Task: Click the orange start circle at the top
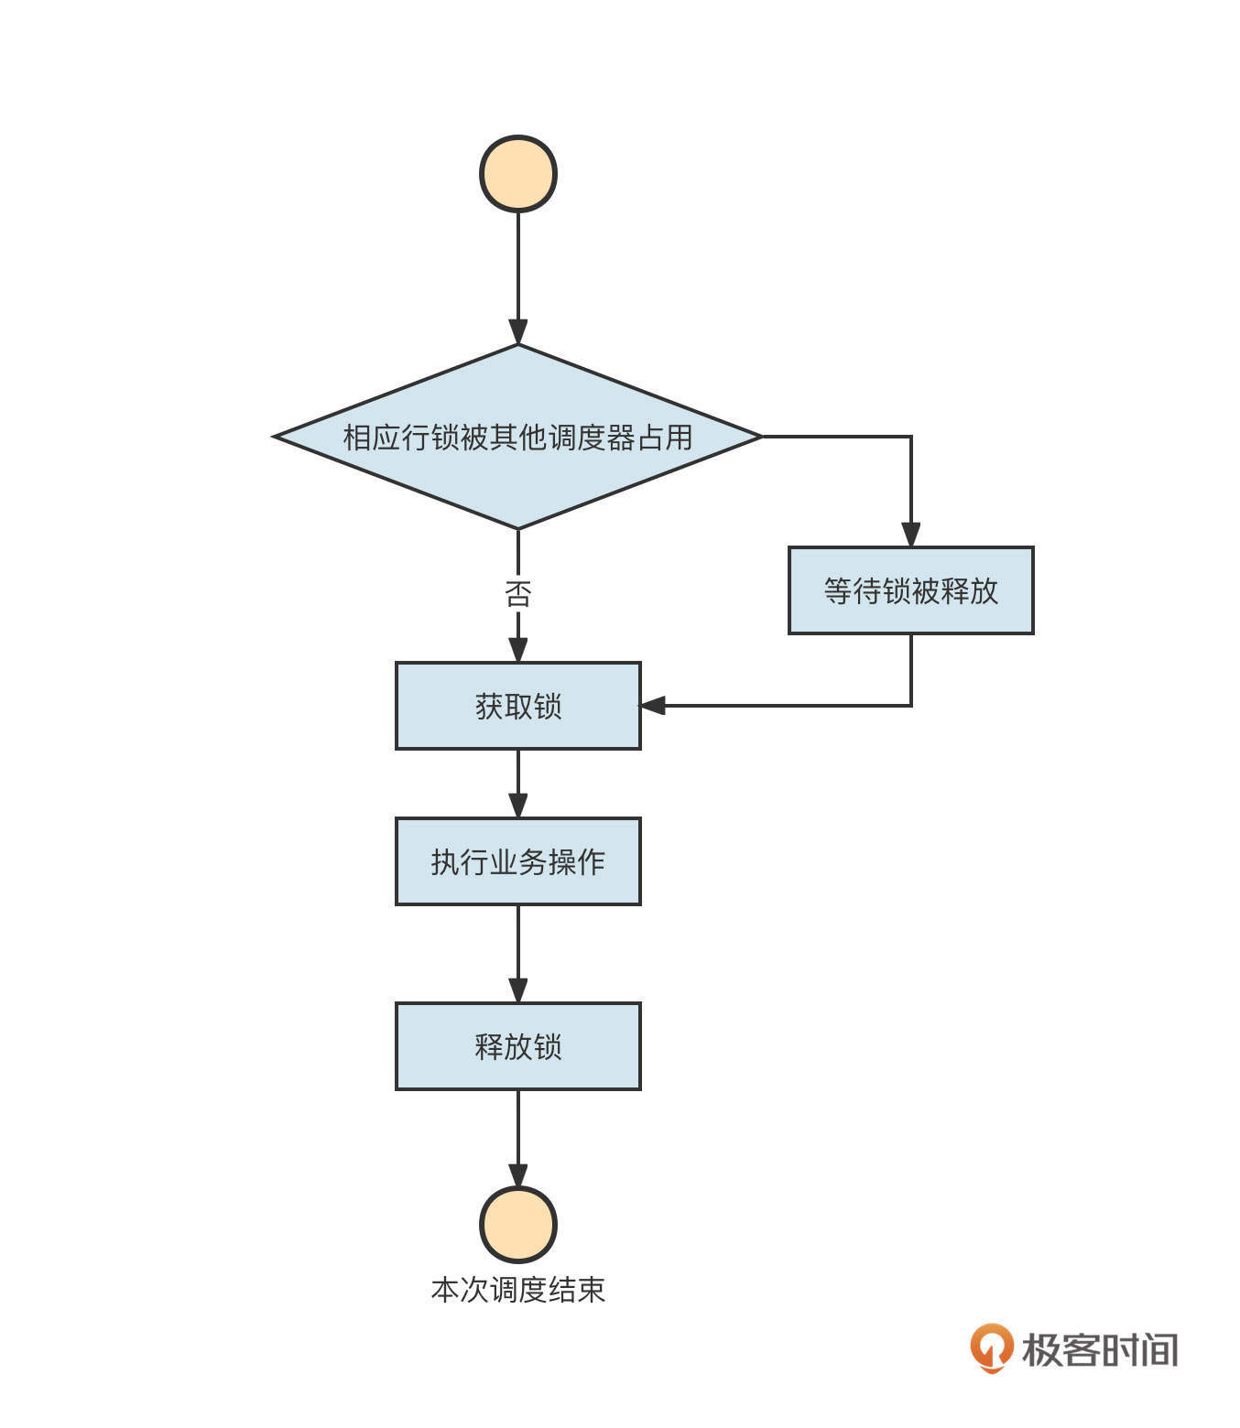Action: click(518, 174)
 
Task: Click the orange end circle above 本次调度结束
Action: click(518, 1225)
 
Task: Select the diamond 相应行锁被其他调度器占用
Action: click(518, 437)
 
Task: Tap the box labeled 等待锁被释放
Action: click(911, 590)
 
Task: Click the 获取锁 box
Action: click(518, 706)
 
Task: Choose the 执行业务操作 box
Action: click(518, 861)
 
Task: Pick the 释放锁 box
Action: click(518, 1046)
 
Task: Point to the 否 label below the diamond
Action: click(518, 594)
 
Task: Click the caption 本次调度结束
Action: click(518, 1290)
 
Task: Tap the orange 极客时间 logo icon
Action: click(992, 1347)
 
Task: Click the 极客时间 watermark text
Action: click(1100, 1350)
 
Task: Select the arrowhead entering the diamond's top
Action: click(518, 332)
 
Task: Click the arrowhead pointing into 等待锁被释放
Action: click(911, 535)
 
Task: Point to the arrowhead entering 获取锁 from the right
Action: click(652, 706)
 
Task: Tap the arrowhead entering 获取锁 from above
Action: click(518, 650)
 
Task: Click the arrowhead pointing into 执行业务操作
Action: click(518, 806)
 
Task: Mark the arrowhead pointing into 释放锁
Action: click(518, 990)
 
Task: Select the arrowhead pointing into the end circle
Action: click(518, 1175)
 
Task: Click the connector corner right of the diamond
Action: click(911, 437)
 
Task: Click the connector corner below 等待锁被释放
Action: click(911, 706)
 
